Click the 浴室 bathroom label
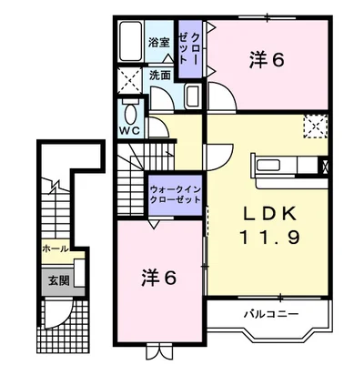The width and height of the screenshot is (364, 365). coord(158,43)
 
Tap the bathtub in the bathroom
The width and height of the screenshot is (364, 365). coord(131,42)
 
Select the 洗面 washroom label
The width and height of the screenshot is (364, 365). coord(160,76)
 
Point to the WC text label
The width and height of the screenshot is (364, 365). coord(129,130)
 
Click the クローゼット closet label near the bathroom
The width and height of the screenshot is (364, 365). coord(188,48)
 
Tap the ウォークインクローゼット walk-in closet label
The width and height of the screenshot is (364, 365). coord(176,195)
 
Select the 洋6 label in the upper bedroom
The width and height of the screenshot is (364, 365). coord(267,60)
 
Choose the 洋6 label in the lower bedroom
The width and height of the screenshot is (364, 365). coord(158,278)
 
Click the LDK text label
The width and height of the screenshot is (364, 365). coord(270,214)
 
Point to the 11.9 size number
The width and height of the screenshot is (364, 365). coord(270,237)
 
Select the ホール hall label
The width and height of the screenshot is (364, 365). coord(56,249)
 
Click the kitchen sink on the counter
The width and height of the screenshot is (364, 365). coord(268,166)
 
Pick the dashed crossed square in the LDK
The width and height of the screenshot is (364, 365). coord(316,127)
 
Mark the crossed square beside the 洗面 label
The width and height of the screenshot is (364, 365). coord(129,80)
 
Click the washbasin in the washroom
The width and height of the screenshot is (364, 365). coord(193,96)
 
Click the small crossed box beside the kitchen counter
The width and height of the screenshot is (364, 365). coord(324,166)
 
